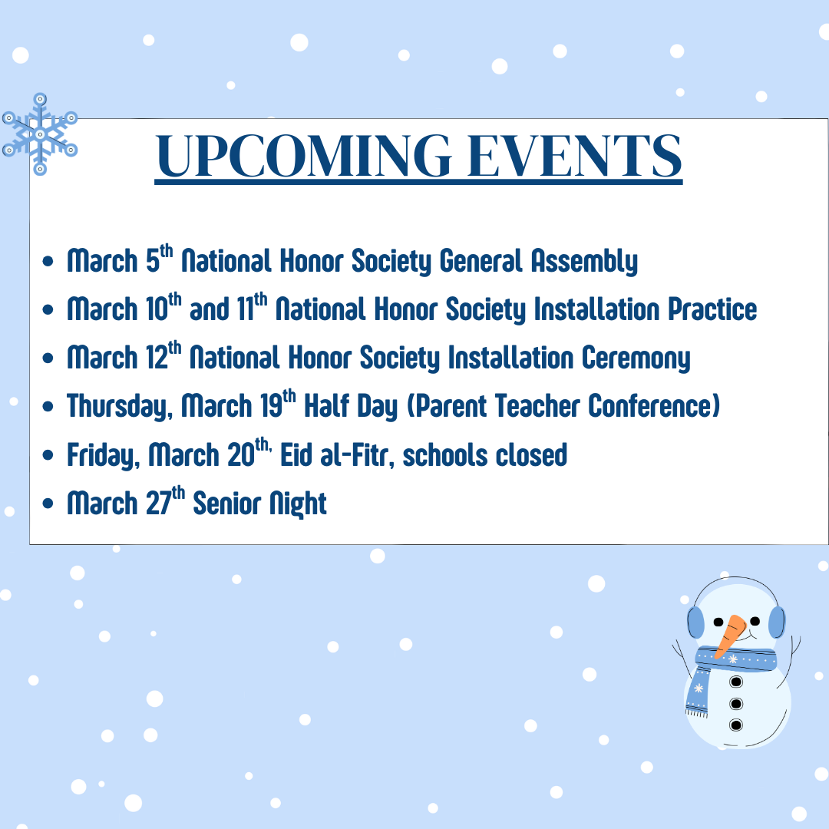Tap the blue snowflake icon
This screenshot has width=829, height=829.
coord(40,134)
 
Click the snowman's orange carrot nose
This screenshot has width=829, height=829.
coord(730,636)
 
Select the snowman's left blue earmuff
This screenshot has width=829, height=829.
coord(695,623)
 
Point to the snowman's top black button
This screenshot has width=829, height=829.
coord(736,682)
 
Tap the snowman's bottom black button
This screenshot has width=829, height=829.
coord(736,725)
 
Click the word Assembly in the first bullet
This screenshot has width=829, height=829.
coord(584,261)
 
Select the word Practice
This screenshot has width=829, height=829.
coord(712,309)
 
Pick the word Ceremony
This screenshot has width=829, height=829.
coord(636,358)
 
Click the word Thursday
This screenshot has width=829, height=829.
coord(120,407)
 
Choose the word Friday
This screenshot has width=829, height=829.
coord(104,455)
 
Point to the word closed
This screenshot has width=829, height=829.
coord(531,454)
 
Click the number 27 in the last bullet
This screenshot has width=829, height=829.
coord(158,504)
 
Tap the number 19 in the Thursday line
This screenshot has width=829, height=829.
coord(271,406)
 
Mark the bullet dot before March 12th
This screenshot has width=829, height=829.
coord(48,358)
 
